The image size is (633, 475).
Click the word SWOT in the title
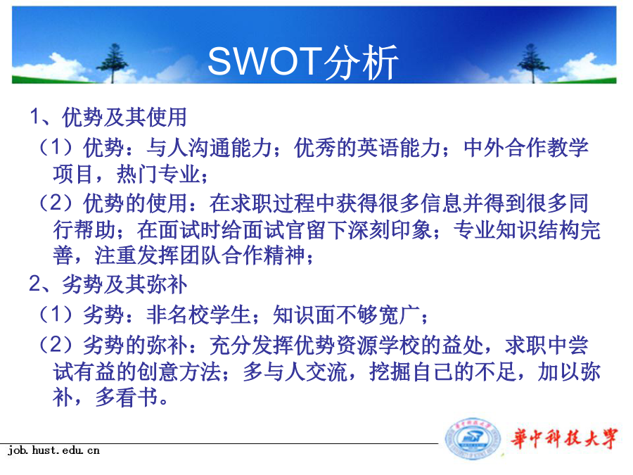pyautogui.click(x=265, y=61)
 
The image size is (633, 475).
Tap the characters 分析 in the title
pyautogui.click(x=361, y=62)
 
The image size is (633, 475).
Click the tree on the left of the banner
pyautogui.click(x=114, y=63)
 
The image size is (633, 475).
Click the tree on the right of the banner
pyautogui.click(x=533, y=63)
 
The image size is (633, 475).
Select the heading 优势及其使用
pyautogui.click(x=124, y=118)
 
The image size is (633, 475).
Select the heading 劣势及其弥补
pyautogui.click(x=124, y=284)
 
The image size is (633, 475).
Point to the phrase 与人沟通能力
pyautogui.click(x=209, y=147)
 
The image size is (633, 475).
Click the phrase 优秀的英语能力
pyautogui.click(x=367, y=147)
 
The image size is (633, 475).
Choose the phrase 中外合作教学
pyautogui.click(x=525, y=147)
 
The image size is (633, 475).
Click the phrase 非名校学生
pyautogui.click(x=198, y=315)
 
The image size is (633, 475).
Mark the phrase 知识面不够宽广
pyautogui.click(x=346, y=315)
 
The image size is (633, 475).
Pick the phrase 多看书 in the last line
pyautogui.click(x=127, y=398)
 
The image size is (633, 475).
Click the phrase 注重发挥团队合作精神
pyautogui.click(x=200, y=255)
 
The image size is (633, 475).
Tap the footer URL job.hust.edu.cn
pyautogui.click(x=53, y=450)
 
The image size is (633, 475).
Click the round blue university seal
pyautogui.click(x=473, y=438)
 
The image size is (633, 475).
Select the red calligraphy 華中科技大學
pyautogui.click(x=564, y=438)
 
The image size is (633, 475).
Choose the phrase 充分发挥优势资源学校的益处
pyautogui.click(x=346, y=345)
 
